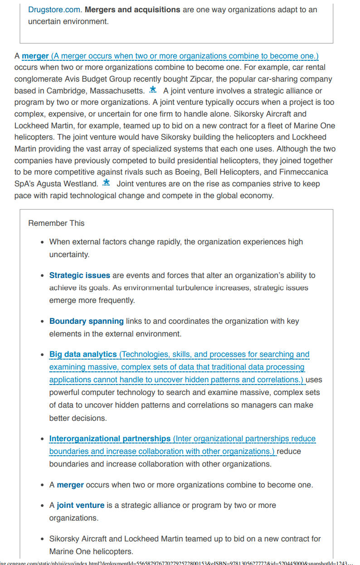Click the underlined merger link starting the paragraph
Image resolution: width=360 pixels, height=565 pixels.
[x=35, y=56]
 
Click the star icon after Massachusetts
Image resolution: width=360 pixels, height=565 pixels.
[x=153, y=90]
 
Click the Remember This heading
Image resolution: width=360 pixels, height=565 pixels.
[x=56, y=223]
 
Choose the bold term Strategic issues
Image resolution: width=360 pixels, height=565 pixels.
[x=80, y=275]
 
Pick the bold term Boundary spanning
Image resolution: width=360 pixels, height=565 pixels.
[x=86, y=321]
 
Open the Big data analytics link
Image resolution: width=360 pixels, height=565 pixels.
[x=83, y=355]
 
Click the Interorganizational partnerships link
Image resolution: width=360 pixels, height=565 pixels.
[x=110, y=439]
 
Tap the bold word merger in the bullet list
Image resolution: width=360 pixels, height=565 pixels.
[x=70, y=485]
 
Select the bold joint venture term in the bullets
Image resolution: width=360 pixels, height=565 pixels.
[x=80, y=505]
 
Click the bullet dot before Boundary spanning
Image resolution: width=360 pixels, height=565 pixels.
[x=42, y=321]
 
